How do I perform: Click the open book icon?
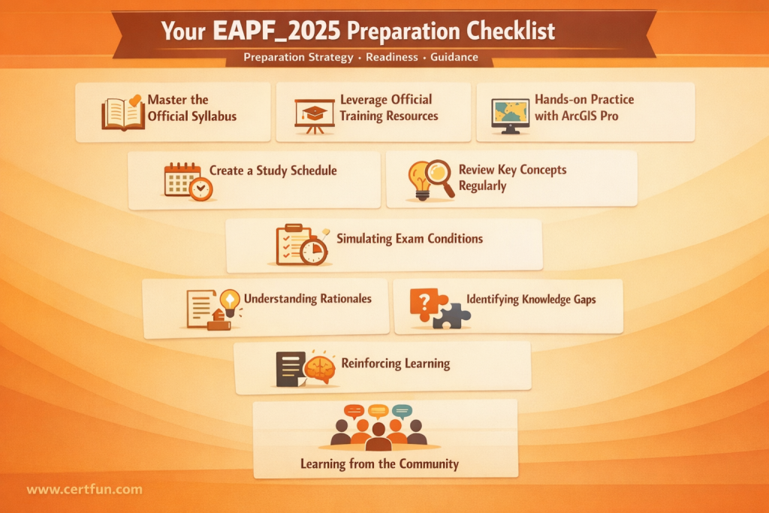click(x=122, y=113)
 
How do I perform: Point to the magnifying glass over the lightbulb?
click(x=439, y=177)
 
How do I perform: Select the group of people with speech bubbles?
click(x=378, y=427)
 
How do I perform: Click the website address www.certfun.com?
click(x=84, y=490)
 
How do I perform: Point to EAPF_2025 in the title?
click(x=276, y=31)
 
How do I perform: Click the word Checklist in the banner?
click(x=511, y=31)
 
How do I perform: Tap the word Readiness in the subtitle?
click(x=392, y=57)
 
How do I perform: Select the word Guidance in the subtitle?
click(x=454, y=57)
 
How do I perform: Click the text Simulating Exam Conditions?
click(x=409, y=239)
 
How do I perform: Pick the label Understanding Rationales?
click(x=307, y=299)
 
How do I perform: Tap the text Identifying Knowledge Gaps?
click(x=531, y=299)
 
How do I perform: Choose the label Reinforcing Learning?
click(x=395, y=364)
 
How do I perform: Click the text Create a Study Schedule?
click(x=273, y=170)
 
